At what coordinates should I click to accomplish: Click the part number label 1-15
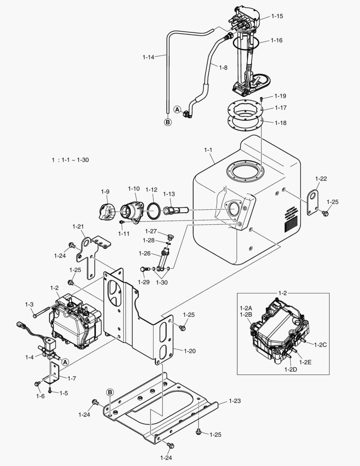point(277,16)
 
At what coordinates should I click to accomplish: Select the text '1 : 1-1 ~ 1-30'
point(70,160)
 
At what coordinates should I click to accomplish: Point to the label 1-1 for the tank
point(208,150)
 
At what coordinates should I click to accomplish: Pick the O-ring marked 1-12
point(153,211)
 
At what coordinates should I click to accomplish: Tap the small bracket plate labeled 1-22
point(312,201)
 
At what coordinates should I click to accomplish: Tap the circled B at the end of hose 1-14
point(168,122)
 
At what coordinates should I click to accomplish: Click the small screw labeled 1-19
point(262,100)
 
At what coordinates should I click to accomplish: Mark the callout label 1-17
point(280,108)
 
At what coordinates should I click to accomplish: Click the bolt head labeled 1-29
point(143,269)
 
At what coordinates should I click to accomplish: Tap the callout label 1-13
point(169,194)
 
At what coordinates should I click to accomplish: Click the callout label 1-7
point(72,378)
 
